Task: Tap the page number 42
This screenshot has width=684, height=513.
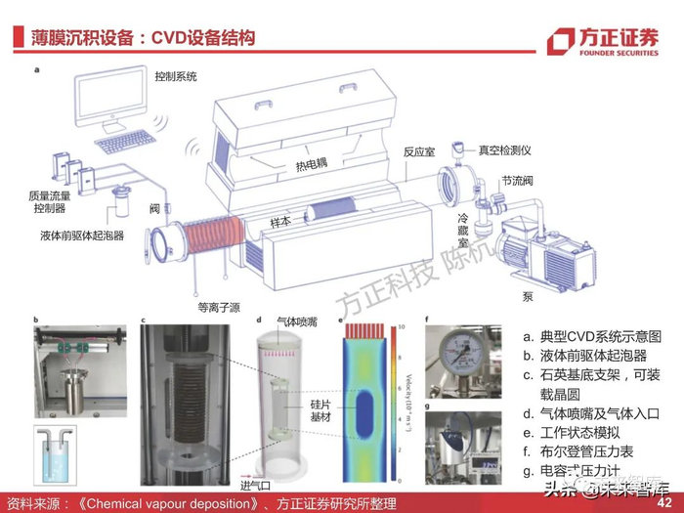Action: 665,502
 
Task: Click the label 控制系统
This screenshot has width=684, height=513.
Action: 176,75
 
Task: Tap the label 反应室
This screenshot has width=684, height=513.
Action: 420,152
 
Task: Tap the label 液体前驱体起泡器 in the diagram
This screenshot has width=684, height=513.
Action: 82,235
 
